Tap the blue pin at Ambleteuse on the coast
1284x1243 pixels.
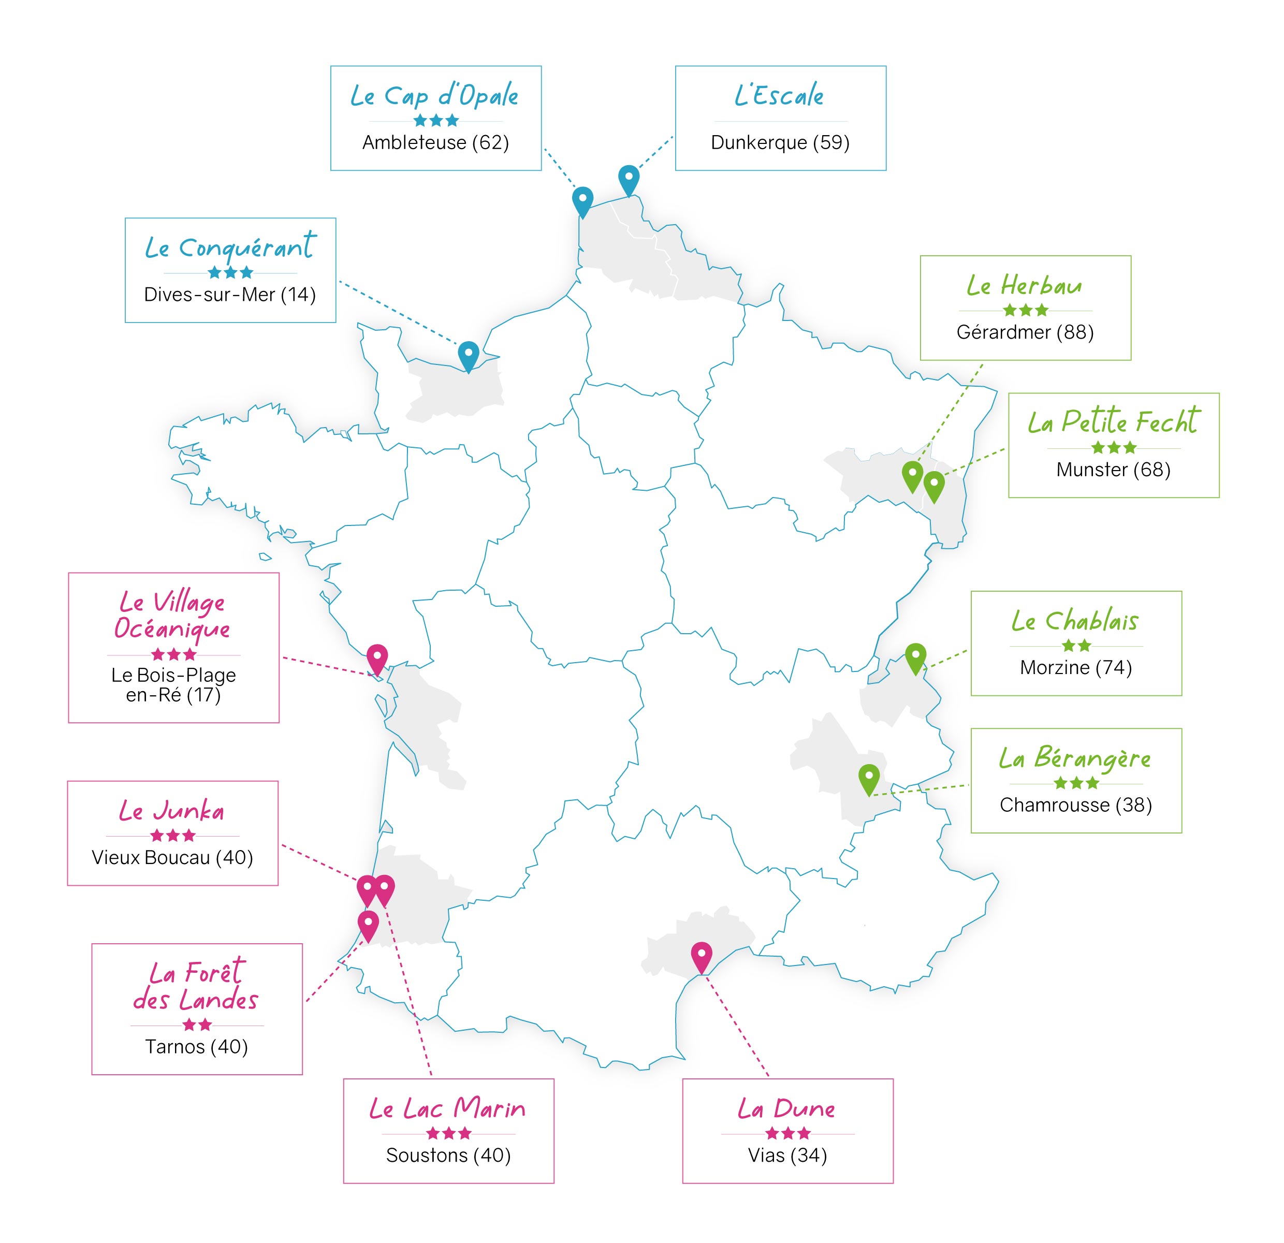point(582,199)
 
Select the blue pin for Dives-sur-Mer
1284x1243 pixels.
point(469,354)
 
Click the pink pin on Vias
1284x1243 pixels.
point(701,954)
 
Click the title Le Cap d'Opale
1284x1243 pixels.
point(434,96)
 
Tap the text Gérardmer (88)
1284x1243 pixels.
point(1025,332)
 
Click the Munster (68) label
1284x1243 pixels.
point(1113,470)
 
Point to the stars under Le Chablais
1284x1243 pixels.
point(1076,646)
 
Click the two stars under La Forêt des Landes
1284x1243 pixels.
point(197,1024)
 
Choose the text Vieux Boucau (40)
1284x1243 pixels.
point(172,857)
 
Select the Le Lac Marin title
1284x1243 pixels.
point(447,1109)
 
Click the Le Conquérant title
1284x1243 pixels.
point(230,247)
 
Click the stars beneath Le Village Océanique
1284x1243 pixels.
point(173,654)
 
